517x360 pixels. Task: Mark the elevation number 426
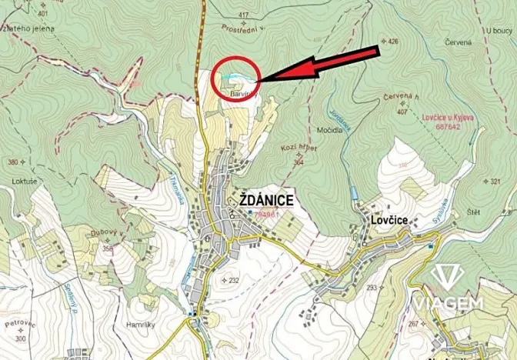click(x=393, y=41)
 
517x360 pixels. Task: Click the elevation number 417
click(x=244, y=15)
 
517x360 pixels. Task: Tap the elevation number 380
click(x=12, y=162)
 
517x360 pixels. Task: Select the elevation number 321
click(x=495, y=182)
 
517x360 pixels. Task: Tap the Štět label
click(x=474, y=212)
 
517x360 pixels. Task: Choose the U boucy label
click(x=499, y=30)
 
